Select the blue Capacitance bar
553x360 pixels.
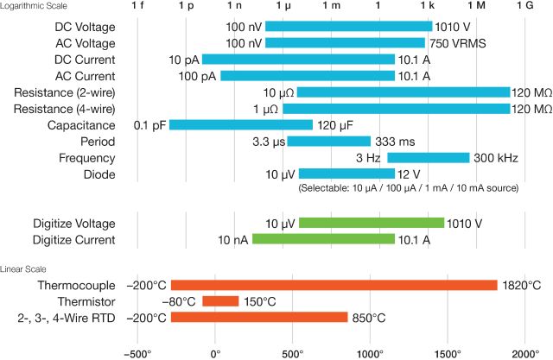point(241,125)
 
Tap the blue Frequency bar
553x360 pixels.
point(428,158)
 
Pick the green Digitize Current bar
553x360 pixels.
point(323,239)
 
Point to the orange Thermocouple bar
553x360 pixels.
point(334,285)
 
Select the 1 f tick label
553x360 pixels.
point(137,7)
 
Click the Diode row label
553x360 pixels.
point(99,174)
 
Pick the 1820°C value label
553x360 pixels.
point(523,285)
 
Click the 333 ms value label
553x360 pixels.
point(394,142)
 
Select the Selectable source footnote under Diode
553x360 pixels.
point(408,187)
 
